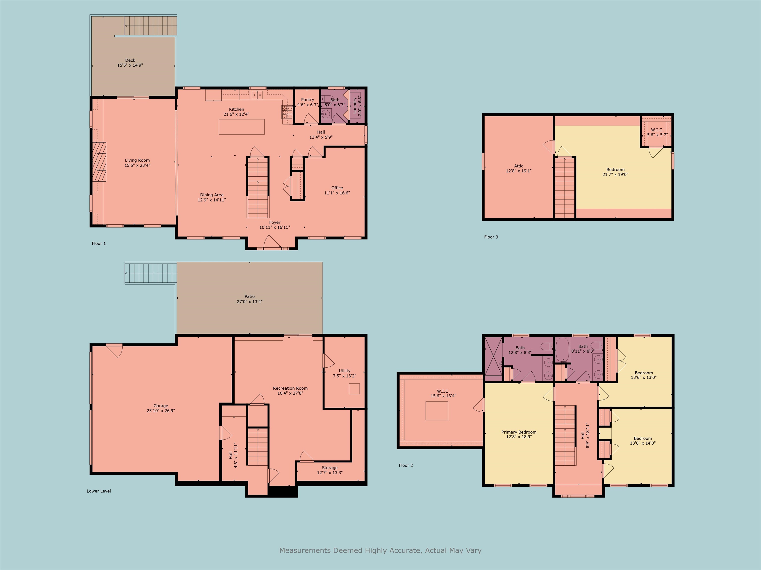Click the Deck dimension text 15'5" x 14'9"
[130, 65]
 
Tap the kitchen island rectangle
[242, 127]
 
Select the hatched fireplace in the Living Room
[99, 162]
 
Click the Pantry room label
[307, 100]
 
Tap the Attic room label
[518, 166]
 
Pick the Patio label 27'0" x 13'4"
[249, 299]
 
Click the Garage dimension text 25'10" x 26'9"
[161, 411]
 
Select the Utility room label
[344, 371]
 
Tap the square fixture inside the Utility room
[354, 389]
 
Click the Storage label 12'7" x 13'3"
[329, 470]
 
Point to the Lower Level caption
[99, 491]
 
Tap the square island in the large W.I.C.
[436, 411]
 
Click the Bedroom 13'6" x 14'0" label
[643, 441]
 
